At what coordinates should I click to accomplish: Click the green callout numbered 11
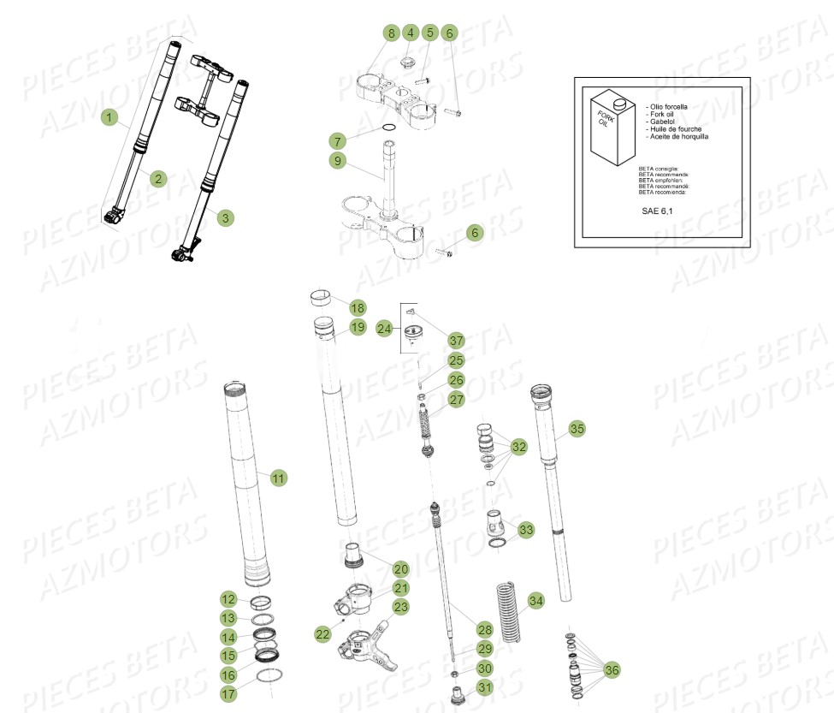point(279,478)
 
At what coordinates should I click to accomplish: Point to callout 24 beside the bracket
point(385,328)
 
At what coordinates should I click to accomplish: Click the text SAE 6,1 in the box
point(657,209)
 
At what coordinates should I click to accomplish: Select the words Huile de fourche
point(677,129)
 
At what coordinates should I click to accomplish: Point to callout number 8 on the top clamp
point(391,34)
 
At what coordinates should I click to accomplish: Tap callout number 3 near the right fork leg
point(224,218)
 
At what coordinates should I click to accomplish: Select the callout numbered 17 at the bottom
point(229,694)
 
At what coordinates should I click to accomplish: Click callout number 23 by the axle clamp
point(400,607)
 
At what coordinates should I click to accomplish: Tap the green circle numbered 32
point(519,447)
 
